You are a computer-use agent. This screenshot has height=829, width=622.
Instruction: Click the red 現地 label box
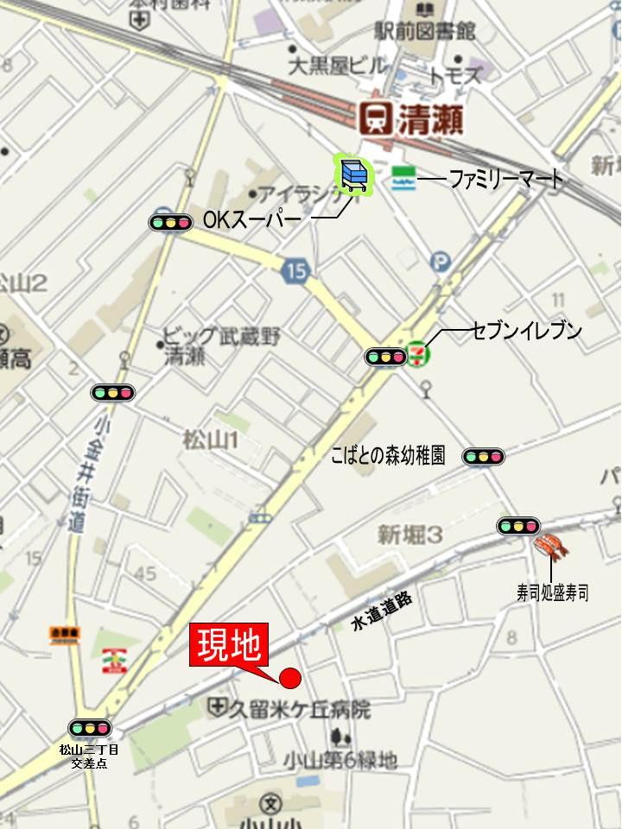[228, 648]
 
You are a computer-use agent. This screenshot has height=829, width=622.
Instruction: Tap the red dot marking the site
[290, 679]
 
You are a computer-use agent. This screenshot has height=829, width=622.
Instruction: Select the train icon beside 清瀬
[375, 117]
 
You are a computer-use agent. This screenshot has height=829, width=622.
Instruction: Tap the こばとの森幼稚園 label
[388, 456]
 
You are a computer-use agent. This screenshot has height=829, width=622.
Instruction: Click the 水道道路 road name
[382, 610]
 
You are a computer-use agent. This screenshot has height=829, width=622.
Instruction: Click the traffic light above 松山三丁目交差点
[90, 728]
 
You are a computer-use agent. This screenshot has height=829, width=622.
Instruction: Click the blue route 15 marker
[295, 271]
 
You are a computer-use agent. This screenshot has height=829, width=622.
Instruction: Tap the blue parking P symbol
[441, 260]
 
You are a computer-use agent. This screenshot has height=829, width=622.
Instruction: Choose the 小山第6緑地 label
[340, 760]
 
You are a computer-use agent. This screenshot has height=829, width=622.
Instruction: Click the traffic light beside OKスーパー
[170, 223]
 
